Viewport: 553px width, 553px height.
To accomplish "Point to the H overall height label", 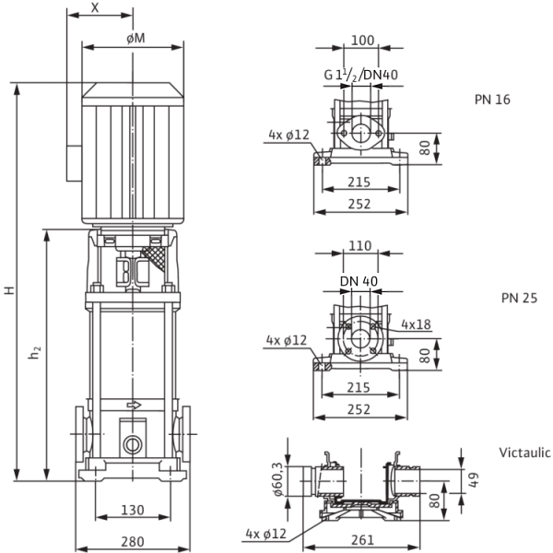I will [8, 289].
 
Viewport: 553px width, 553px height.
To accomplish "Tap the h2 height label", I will [35, 352].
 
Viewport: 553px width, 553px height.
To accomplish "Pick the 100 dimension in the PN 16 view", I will [362, 41].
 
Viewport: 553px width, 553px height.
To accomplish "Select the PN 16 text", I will [518, 100].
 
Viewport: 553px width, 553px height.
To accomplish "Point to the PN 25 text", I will [519, 299].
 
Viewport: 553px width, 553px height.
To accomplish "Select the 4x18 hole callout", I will [417, 325].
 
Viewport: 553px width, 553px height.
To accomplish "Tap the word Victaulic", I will [525, 453].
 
